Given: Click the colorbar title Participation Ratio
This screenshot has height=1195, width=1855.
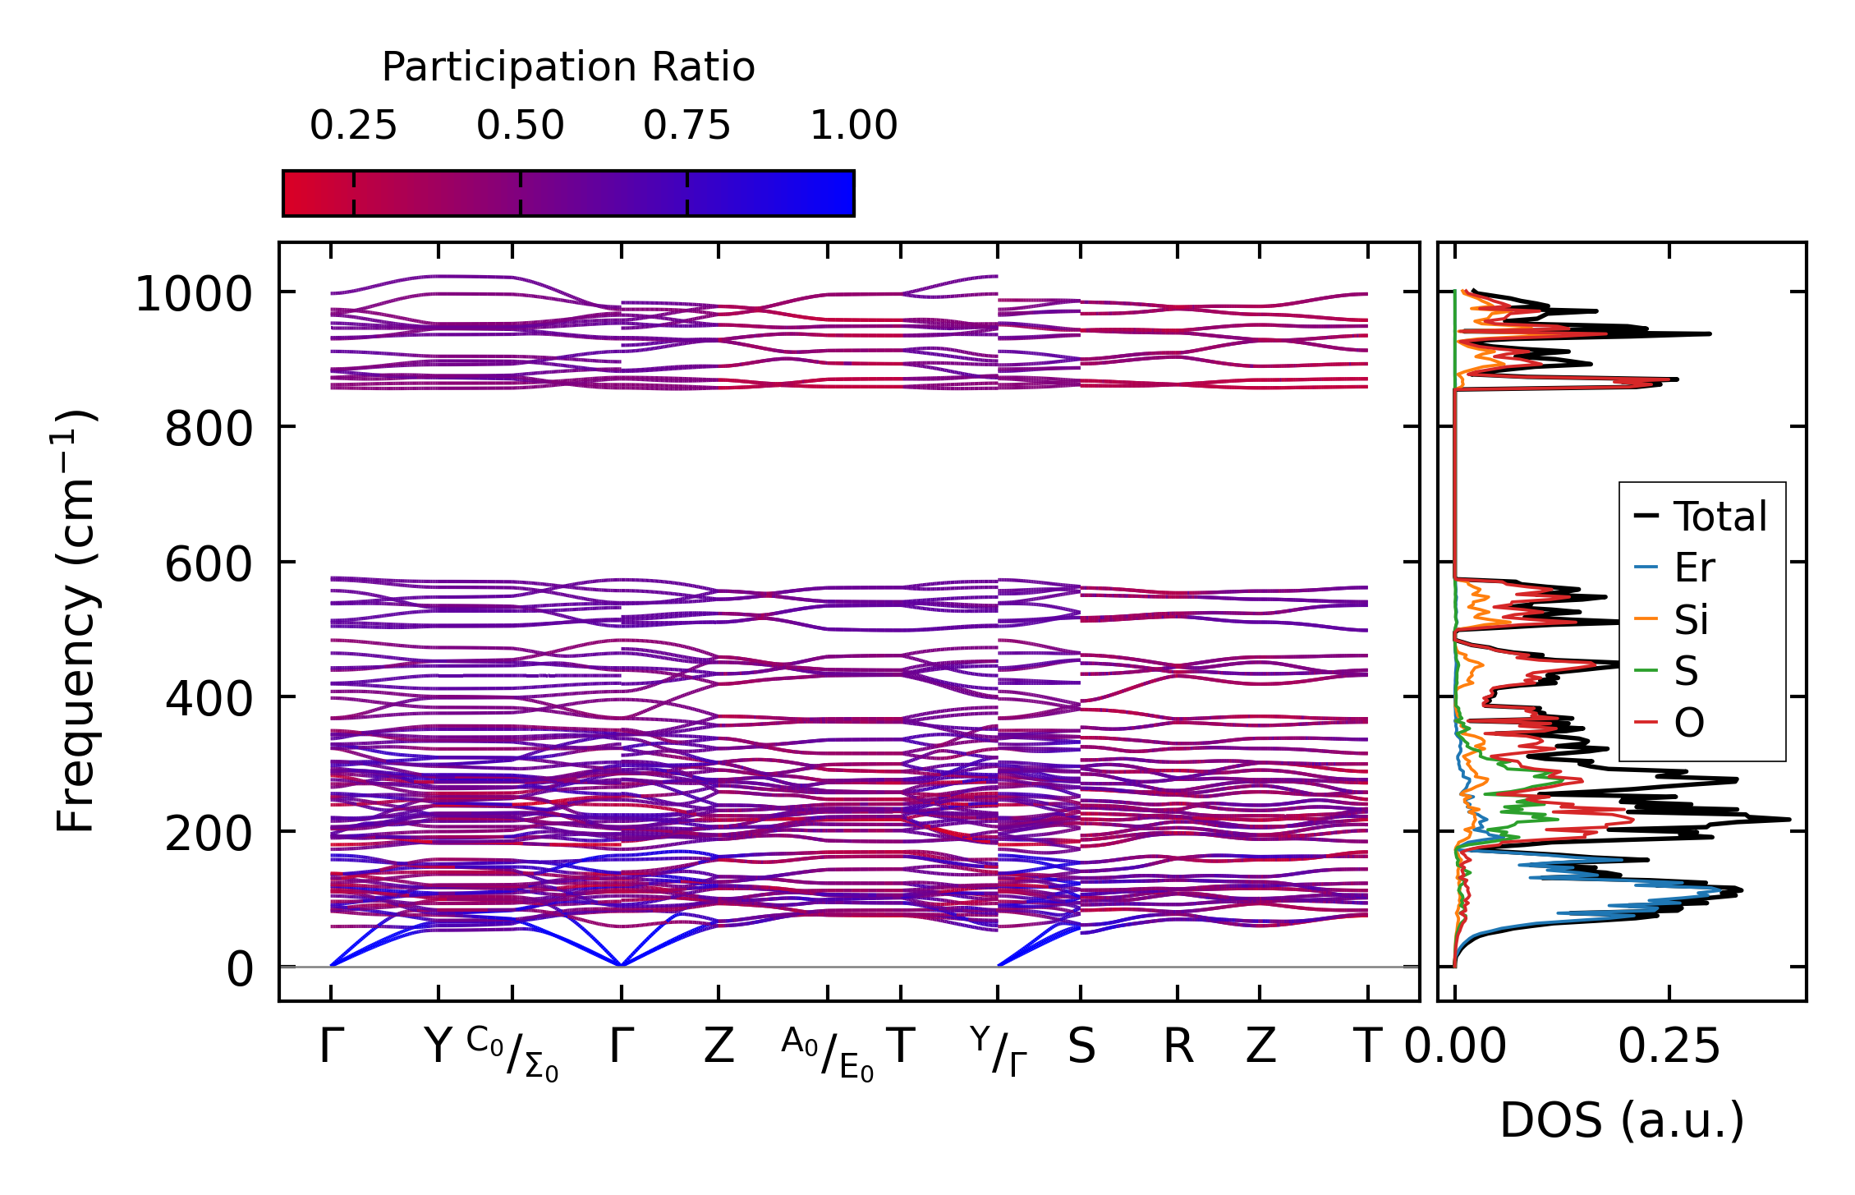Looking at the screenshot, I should coord(567,67).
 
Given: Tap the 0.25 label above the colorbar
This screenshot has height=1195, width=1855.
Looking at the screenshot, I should coord(353,126).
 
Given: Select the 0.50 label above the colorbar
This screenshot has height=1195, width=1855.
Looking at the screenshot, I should coord(520,126).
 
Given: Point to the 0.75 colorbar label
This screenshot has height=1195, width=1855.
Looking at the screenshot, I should coord(686,126).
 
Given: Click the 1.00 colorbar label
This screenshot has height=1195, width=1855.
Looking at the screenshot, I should coord(853,126).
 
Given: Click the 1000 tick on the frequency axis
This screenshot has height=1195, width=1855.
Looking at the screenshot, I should coord(194,294).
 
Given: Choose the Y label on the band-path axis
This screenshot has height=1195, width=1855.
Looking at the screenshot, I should coord(438,1047).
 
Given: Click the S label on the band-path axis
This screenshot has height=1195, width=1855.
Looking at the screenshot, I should coord(1081,1047).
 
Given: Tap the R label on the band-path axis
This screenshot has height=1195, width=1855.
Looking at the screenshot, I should coord(1178,1047).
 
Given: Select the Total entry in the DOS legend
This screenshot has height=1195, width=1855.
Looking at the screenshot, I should coord(1720,517).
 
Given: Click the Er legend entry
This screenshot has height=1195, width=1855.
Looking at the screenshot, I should coord(1695,568).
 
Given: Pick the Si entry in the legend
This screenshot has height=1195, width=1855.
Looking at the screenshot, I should coord(1692,619).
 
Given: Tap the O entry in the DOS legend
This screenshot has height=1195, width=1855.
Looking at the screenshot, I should coord(1689,723).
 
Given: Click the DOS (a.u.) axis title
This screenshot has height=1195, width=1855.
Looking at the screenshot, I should coord(1622,1120).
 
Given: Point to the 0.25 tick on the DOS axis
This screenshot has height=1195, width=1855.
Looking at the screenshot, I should coord(1669,1047).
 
